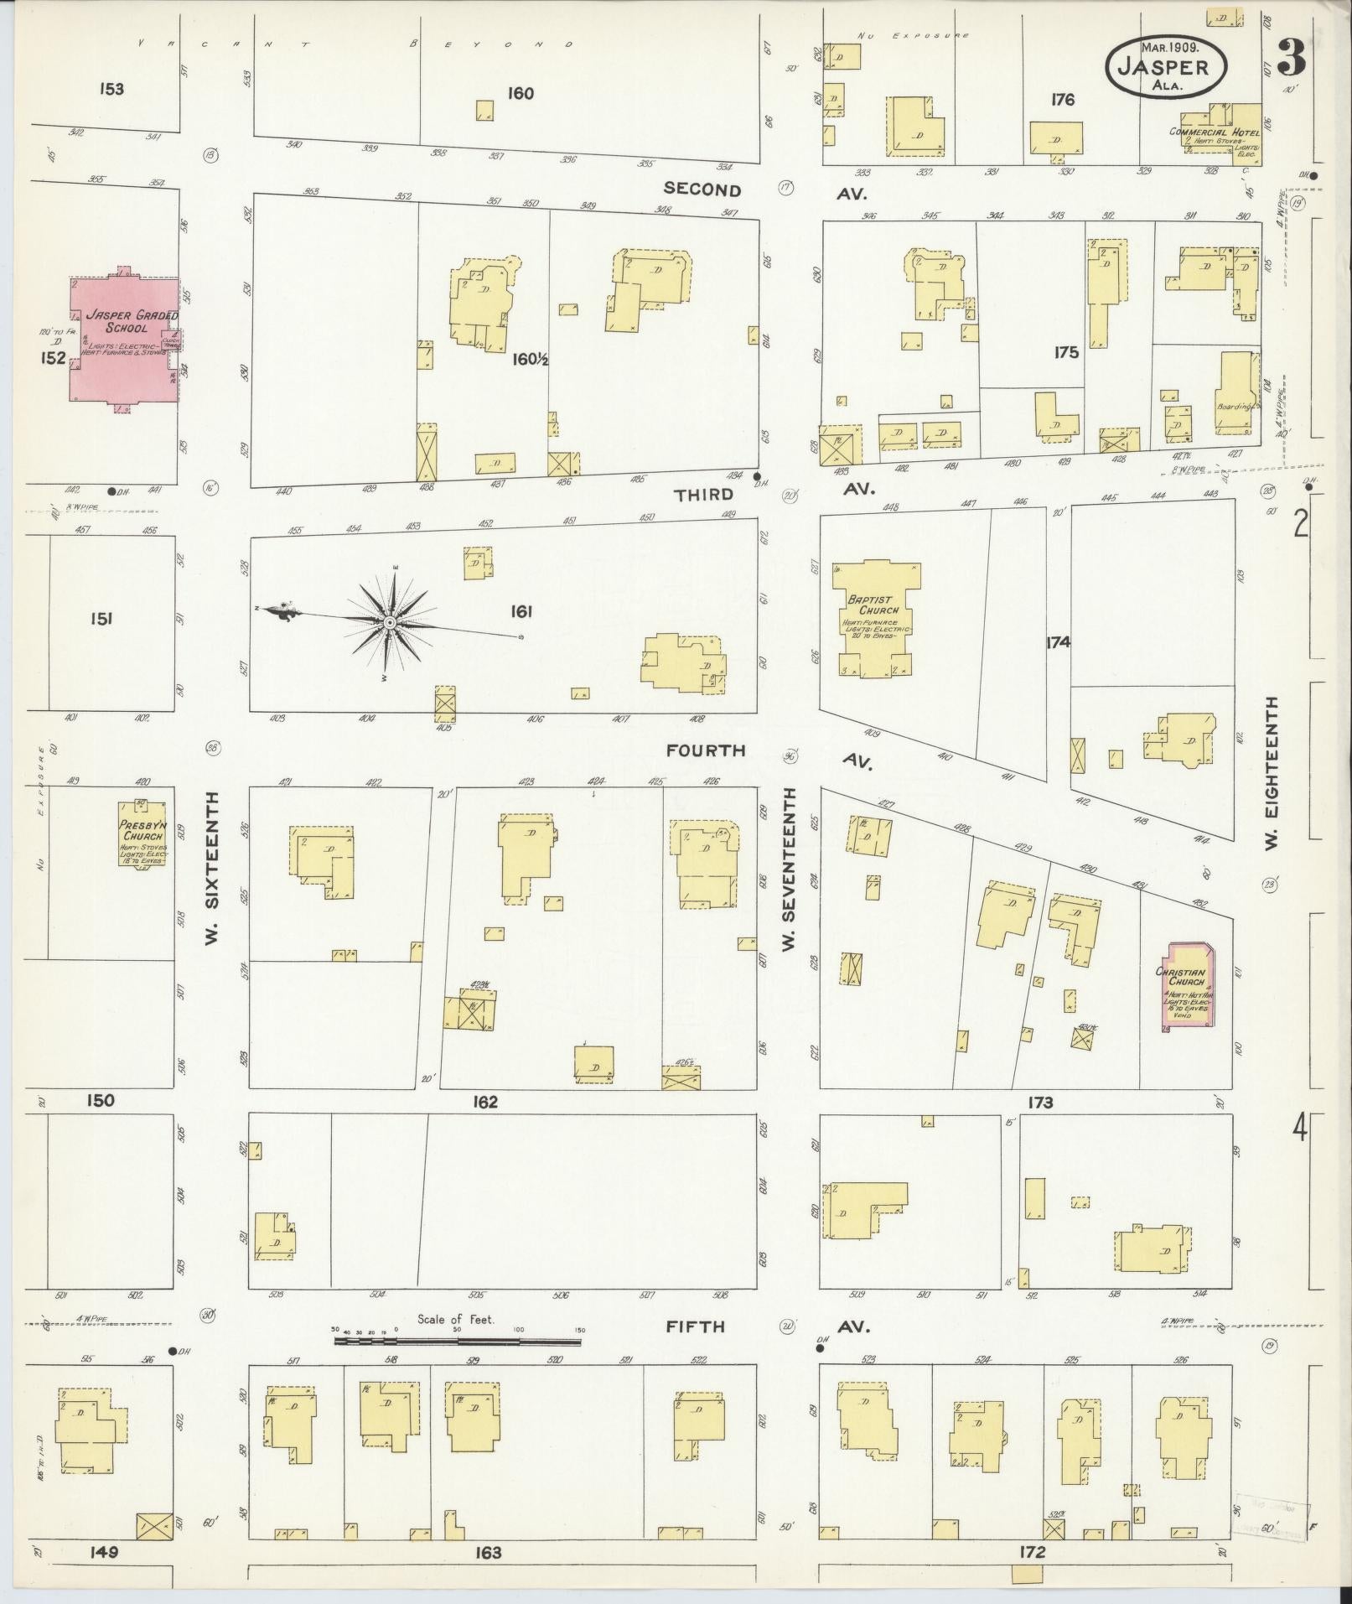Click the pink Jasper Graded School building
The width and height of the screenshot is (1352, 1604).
point(123,339)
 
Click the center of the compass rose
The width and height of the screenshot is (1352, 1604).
point(390,622)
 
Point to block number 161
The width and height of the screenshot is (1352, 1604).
point(521,612)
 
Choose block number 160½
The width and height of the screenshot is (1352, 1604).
point(530,360)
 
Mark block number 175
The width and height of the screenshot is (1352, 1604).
point(1066,353)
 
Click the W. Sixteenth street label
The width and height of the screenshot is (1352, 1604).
point(211,869)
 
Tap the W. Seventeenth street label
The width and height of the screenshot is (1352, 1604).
point(788,869)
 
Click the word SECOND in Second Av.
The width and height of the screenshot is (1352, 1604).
point(702,189)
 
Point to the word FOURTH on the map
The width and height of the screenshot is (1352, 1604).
point(706,750)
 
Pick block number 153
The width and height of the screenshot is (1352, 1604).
point(111,89)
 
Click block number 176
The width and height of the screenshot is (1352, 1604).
point(1062,100)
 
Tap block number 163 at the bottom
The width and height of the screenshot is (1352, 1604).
point(488,1553)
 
